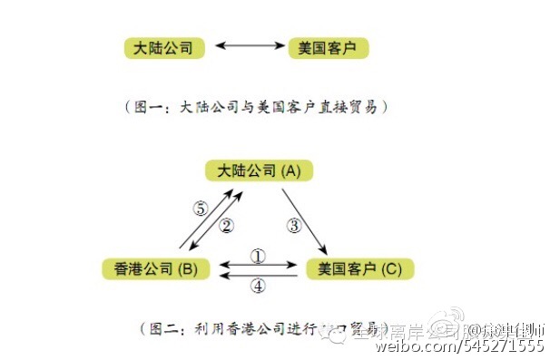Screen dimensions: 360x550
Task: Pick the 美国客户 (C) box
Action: tap(359, 268)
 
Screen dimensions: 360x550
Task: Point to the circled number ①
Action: tap(259, 257)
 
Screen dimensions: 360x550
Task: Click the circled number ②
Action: tap(228, 224)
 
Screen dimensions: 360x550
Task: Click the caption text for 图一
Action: tap(257, 106)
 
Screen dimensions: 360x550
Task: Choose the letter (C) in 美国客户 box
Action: tap(392, 268)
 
